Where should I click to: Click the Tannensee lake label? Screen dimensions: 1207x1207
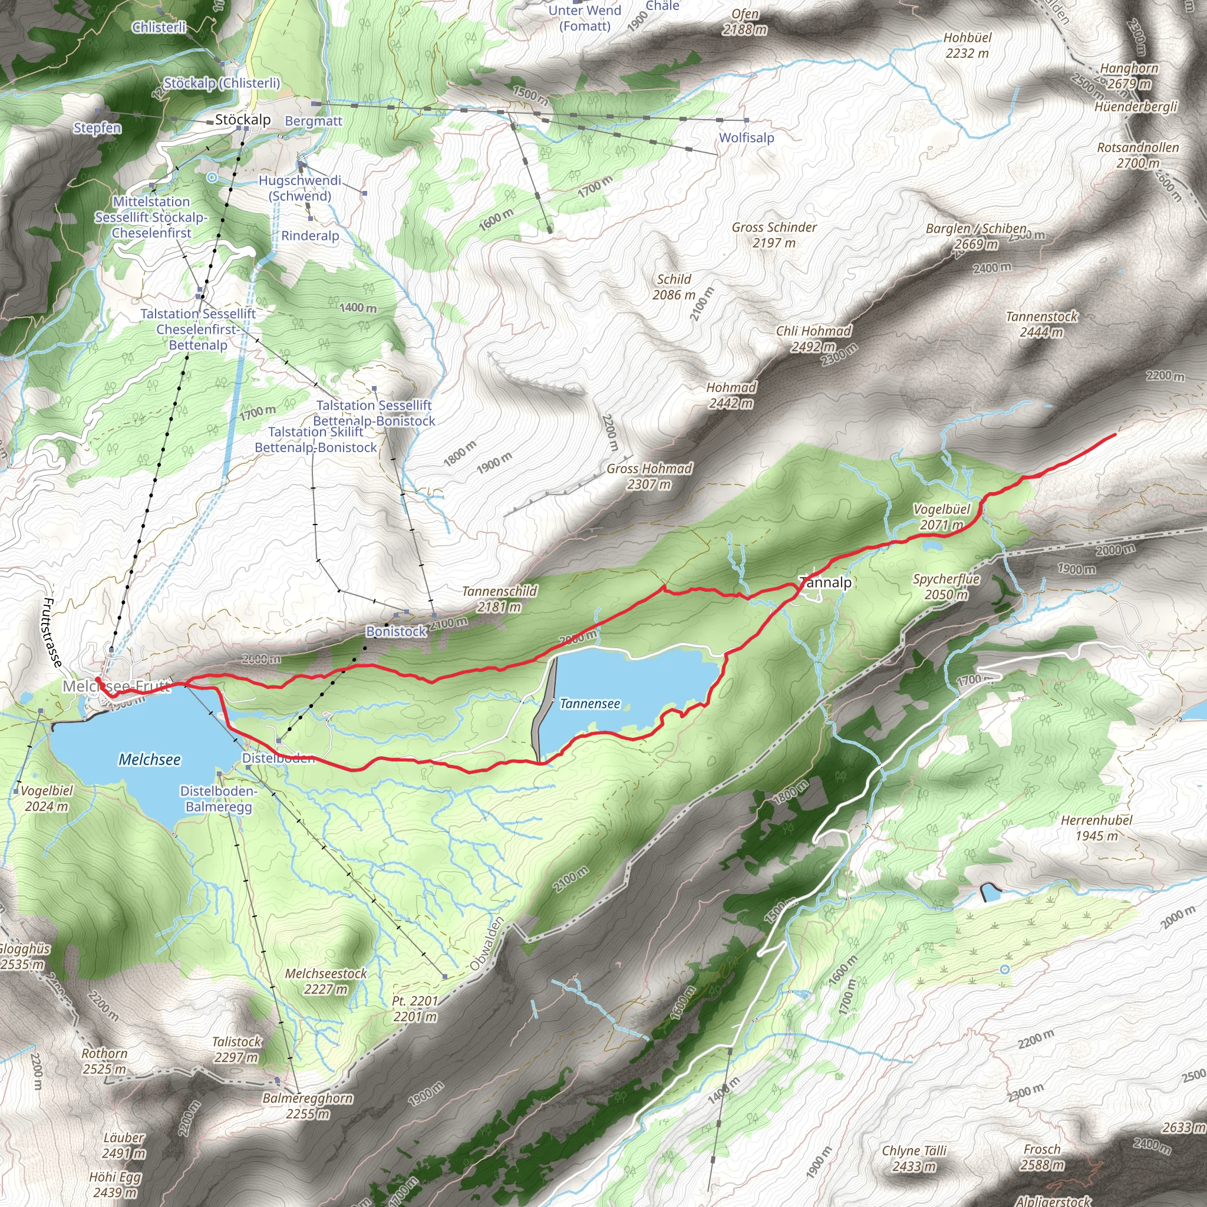pyautogui.click(x=590, y=704)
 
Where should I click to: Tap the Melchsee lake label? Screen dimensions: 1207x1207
pyautogui.click(x=149, y=760)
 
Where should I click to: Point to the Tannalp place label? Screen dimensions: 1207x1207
pyautogui.click(x=826, y=583)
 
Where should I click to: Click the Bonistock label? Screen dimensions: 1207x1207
pyautogui.click(x=396, y=632)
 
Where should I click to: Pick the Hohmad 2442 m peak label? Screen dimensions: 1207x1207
pyautogui.click(x=731, y=395)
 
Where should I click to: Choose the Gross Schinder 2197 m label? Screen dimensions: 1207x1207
pyautogui.click(x=774, y=235)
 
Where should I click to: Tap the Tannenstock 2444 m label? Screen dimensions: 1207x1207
pyautogui.click(x=1041, y=324)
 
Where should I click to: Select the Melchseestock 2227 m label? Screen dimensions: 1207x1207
pyautogui.click(x=325, y=981)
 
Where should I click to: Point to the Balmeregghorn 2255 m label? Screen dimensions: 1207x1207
pyautogui.click(x=308, y=1106)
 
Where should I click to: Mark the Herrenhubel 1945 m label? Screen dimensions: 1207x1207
pyautogui.click(x=1096, y=828)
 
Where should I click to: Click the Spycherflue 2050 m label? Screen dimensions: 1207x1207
pyautogui.click(x=946, y=586)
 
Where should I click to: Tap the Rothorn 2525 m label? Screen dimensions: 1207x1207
pyautogui.click(x=104, y=1061)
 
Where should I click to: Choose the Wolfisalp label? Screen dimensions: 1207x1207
pyautogui.click(x=747, y=137)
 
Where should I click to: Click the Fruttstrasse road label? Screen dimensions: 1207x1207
pyautogui.click(x=52, y=632)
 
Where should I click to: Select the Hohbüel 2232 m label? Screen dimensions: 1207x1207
pyautogui.click(x=967, y=45)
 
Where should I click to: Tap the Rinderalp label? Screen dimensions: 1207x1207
pyautogui.click(x=310, y=236)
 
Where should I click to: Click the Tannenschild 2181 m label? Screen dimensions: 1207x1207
pyautogui.click(x=499, y=599)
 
